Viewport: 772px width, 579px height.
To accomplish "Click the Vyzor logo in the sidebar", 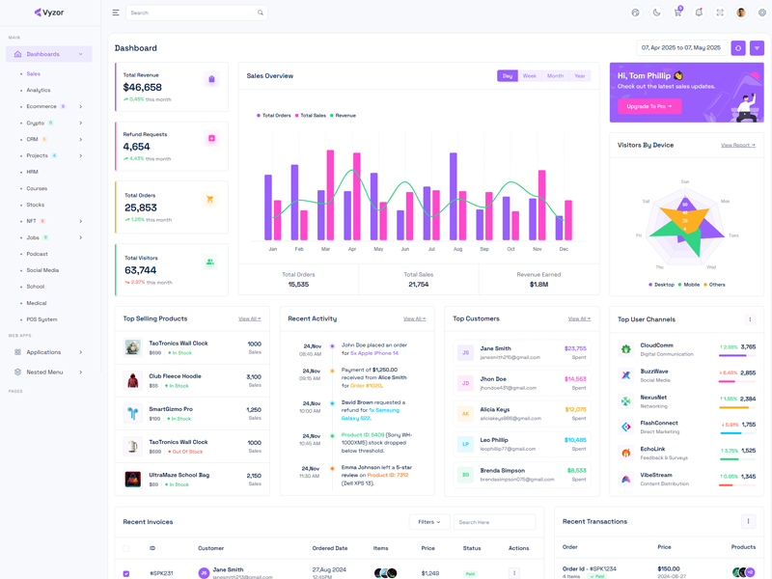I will tap(49, 13).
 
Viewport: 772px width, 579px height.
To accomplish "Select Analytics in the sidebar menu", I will tap(39, 90).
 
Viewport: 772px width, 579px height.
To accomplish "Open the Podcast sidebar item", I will tap(38, 254).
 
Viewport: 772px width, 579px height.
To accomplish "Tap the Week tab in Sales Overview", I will tap(530, 75).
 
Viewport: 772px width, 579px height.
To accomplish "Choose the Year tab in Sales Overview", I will tap(579, 75).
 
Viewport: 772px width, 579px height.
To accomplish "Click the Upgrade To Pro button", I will tap(649, 106).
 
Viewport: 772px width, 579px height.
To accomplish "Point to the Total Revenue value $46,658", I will tap(143, 87).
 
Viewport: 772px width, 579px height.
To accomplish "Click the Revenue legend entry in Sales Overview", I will tap(345, 116).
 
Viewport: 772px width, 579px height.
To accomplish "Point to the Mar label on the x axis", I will tap(325, 249).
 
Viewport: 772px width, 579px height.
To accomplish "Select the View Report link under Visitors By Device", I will tap(738, 145).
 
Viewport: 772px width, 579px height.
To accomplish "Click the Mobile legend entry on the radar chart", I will tap(691, 285).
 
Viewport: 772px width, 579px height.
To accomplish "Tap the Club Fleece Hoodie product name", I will tap(175, 375).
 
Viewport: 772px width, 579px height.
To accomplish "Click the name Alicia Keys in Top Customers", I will tap(495, 409).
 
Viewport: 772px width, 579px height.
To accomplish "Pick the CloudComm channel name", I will tap(657, 345).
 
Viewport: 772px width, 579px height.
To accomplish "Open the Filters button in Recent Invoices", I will tap(428, 522).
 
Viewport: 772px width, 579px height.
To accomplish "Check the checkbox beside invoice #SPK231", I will tap(126, 573).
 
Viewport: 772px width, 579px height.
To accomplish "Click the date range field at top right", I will tap(681, 47).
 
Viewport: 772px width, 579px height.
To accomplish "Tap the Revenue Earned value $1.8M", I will tap(538, 284).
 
